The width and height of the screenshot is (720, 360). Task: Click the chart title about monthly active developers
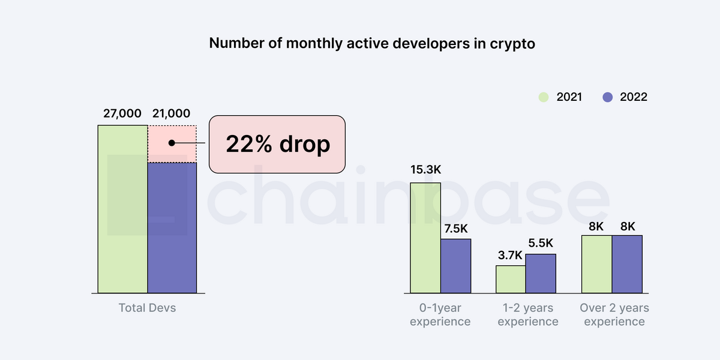tap(372, 44)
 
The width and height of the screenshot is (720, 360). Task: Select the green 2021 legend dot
tap(544, 97)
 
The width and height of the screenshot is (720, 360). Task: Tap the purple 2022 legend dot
tap(607, 97)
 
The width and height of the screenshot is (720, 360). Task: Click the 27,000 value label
tap(122, 113)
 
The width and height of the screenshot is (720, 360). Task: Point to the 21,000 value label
tap(172, 113)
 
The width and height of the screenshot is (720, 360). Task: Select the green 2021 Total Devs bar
tap(123, 209)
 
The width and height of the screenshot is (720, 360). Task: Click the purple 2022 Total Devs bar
tap(172, 228)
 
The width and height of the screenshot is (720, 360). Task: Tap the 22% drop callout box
tap(277, 145)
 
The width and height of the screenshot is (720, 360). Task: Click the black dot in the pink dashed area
tap(172, 143)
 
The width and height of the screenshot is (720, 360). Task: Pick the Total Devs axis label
tap(147, 308)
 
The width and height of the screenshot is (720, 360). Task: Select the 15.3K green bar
tap(425, 238)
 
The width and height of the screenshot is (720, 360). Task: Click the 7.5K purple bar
tap(456, 266)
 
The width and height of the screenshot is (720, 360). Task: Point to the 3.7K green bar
tap(511, 280)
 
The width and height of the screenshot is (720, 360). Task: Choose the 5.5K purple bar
tap(541, 274)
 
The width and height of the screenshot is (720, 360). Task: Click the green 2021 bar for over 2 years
tap(596, 264)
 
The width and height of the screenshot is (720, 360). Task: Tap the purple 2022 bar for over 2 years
tap(627, 264)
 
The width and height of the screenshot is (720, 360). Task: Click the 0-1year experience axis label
tap(440, 314)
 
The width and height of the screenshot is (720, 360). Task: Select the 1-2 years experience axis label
tap(528, 314)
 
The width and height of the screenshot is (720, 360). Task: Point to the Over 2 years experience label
tap(614, 314)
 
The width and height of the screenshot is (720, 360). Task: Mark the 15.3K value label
tap(425, 170)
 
